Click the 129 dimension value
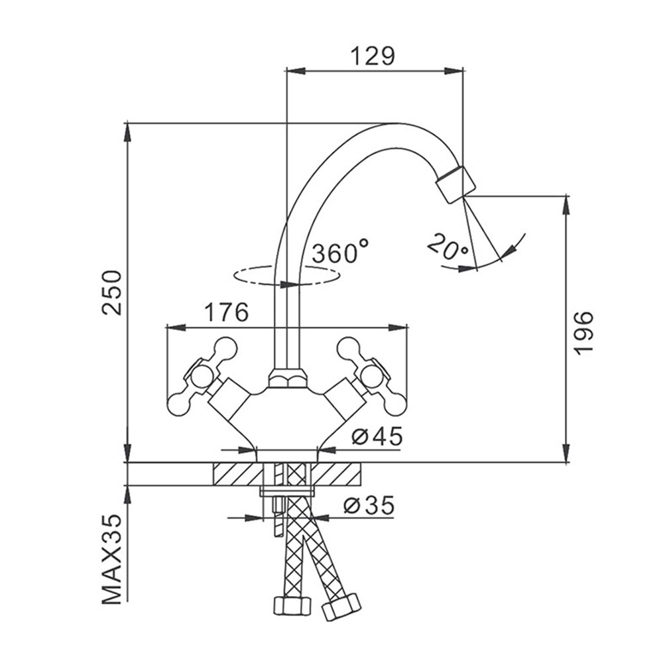coord(373,56)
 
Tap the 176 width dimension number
coord(227,312)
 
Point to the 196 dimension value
coord(583,333)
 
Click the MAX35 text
coord(112,560)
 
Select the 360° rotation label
coord(340,252)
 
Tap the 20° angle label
coord(448,247)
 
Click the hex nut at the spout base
coord(287,378)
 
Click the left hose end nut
coord(292,607)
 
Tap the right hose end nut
coord(341,607)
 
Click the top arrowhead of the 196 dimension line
coord(566,206)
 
